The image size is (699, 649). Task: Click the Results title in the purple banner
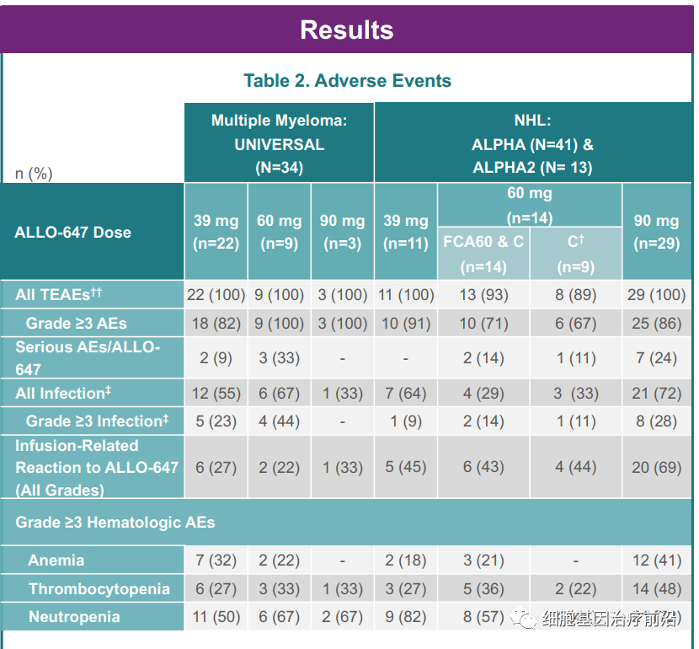point(346,30)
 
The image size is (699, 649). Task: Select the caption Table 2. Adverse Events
point(347,81)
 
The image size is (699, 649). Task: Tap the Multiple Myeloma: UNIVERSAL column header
point(279,144)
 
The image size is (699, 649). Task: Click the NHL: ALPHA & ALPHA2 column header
point(532,144)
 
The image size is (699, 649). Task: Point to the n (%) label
point(34,174)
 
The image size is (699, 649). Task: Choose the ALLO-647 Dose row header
point(73,232)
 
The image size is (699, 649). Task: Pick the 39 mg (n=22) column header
point(216,232)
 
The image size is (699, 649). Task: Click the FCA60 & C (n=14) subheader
point(483,254)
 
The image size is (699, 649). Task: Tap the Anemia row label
point(56,560)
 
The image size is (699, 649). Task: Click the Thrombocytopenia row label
point(99,588)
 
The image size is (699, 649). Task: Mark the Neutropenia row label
point(74,617)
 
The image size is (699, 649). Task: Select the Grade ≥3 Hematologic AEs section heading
point(115,523)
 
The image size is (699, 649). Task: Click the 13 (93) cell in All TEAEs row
point(483,295)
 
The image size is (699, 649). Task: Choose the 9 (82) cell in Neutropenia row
point(405,617)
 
